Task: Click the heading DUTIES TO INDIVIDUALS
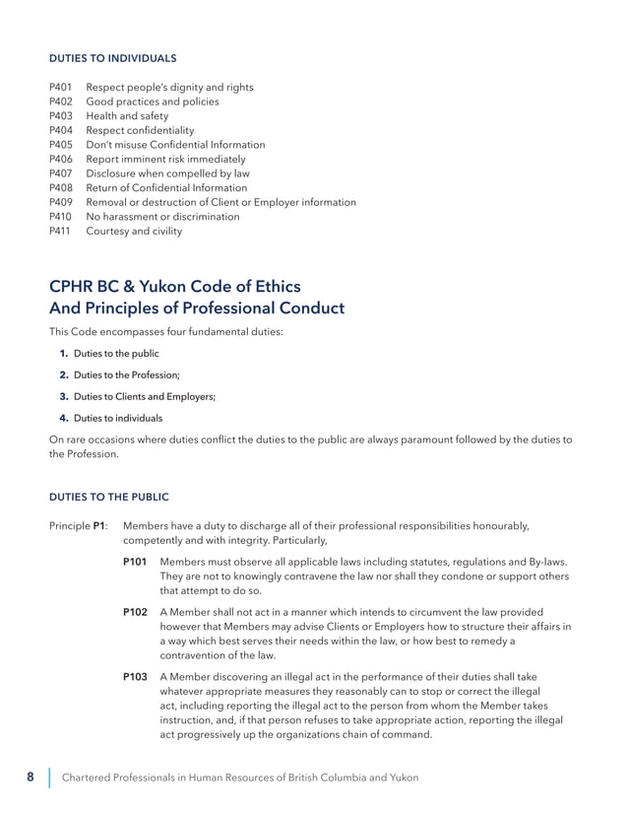[x=113, y=58]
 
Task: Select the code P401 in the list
[x=61, y=88]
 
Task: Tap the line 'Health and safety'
[x=127, y=116]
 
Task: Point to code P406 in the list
[x=61, y=159]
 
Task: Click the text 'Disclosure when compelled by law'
[x=166, y=173]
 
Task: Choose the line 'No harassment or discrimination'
[x=162, y=217]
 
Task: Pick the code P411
[x=61, y=232]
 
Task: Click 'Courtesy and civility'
[x=134, y=232]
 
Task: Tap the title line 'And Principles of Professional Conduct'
[x=197, y=308]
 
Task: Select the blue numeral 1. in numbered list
[x=63, y=354]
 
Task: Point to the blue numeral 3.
[x=63, y=397]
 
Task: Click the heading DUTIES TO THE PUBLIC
[x=109, y=497]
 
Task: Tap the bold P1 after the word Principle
[x=99, y=526]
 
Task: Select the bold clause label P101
[x=135, y=562]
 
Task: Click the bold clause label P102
[x=135, y=612]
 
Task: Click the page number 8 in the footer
[x=31, y=778]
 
